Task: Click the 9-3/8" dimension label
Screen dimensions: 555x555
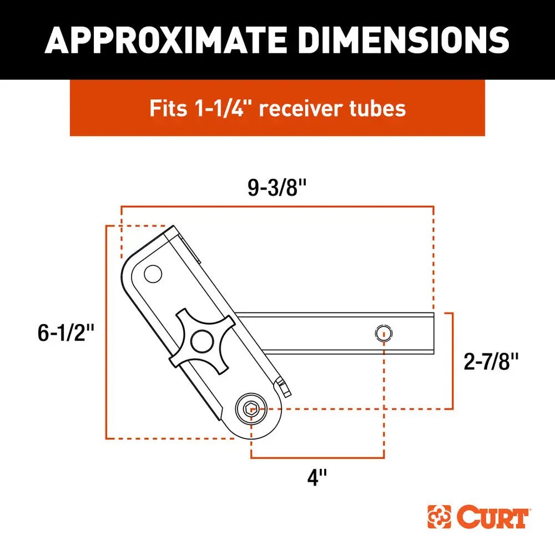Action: (x=277, y=189)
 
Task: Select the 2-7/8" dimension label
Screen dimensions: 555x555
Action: (x=491, y=362)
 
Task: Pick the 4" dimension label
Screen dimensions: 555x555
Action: (x=317, y=477)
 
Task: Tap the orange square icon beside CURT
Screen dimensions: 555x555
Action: (x=439, y=517)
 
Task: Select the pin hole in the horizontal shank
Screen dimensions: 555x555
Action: (x=383, y=334)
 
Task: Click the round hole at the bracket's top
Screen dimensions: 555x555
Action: (x=153, y=274)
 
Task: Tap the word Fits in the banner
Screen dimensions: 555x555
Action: (x=168, y=108)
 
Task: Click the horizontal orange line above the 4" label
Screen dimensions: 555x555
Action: (x=317, y=458)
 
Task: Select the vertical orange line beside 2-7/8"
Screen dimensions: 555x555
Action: (x=453, y=361)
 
